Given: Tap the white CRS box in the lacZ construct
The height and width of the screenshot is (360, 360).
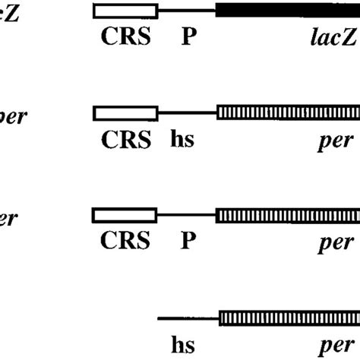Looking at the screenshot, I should click(x=125, y=11).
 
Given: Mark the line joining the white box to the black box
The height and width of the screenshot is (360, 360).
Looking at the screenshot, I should click(x=187, y=11).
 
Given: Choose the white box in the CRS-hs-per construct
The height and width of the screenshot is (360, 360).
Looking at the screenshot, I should click(x=125, y=113).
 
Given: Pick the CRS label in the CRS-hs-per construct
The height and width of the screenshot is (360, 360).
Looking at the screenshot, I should click(x=125, y=141).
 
